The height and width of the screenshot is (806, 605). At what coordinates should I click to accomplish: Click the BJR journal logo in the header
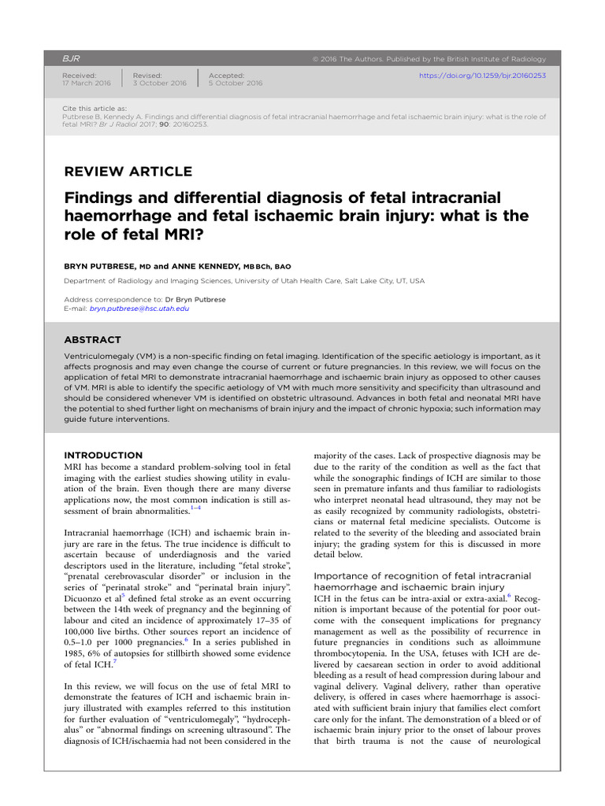[72, 59]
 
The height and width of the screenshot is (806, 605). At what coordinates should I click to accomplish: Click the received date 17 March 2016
[87, 83]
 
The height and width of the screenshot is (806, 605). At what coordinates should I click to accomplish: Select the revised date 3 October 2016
[160, 83]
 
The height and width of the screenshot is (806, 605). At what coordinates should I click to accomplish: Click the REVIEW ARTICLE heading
[128, 172]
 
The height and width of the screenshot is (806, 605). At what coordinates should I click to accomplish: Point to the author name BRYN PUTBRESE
[102, 267]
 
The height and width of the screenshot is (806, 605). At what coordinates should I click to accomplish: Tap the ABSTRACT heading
[92, 340]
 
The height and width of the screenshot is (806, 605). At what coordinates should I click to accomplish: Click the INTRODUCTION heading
[103, 455]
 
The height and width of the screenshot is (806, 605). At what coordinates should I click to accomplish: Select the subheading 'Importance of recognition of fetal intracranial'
[422, 576]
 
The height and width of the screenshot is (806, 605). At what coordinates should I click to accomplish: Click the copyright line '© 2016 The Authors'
[351, 59]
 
